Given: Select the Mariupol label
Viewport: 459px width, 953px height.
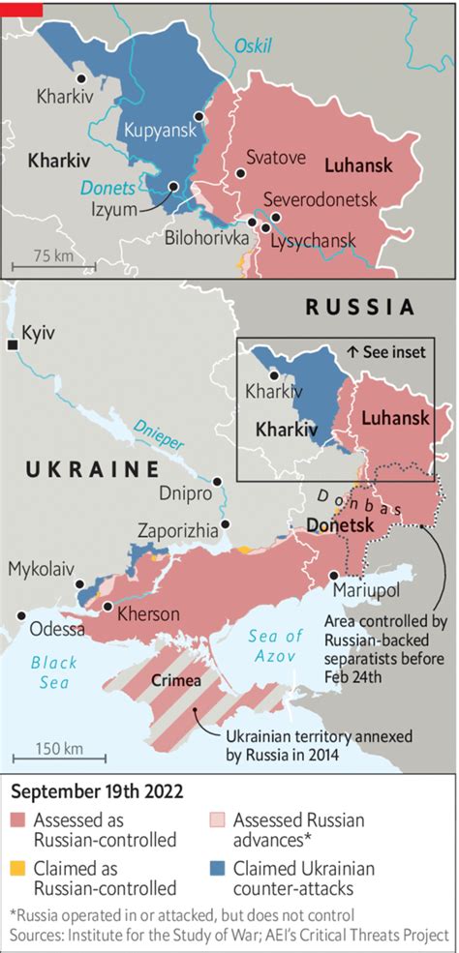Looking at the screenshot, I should click(364, 589).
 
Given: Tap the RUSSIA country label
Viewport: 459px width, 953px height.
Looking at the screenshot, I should click(359, 307).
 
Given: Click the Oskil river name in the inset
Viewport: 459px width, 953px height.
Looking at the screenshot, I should click(253, 45).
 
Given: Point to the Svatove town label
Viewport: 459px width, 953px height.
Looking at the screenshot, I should click(275, 156).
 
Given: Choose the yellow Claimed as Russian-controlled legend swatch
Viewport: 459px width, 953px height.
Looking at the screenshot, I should click(20, 868).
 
